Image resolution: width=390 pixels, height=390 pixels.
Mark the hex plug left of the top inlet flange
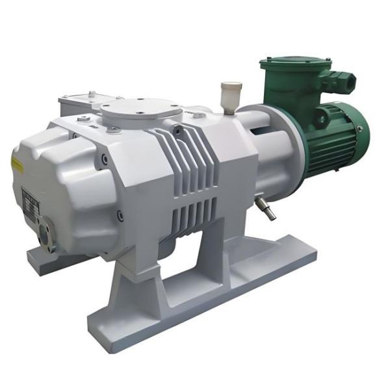(84, 119)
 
